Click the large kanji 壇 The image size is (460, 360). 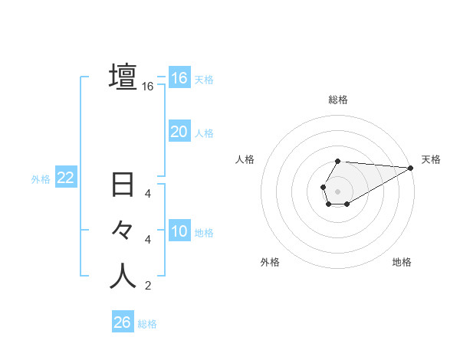pos(123,78)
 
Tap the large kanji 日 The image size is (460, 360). pos(123,186)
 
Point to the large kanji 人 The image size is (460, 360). pos(123,277)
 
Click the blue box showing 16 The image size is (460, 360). pos(179,78)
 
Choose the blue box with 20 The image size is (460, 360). pos(179,132)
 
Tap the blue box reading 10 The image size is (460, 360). pos(179,231)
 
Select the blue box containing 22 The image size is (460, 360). pos(65,178)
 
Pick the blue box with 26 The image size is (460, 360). pos(122,322)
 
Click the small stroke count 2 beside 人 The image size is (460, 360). pos(148,286)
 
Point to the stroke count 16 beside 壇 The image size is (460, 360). pos(148,87)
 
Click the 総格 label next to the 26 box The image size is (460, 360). pos(147,324)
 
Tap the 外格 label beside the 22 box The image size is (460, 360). pos(41,179)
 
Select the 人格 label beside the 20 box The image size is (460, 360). pos(204,133)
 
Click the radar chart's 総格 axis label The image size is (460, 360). pos(338,100)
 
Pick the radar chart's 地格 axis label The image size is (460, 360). pos(402,262)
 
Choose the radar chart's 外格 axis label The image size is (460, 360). pos(270,262)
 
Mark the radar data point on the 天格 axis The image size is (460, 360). pos(410,168)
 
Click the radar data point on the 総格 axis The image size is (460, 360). pos(338,161)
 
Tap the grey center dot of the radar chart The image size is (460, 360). pos(337,191)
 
